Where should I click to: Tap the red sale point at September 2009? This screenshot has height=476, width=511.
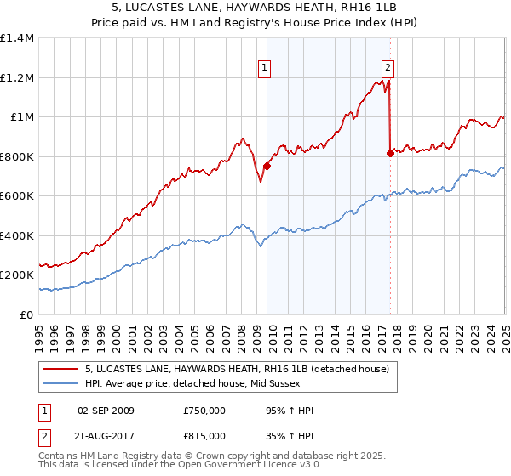tap(267, 167)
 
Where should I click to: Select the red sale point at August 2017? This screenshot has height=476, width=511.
tap(390, 154)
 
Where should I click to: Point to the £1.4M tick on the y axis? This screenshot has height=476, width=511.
tap(17, 38)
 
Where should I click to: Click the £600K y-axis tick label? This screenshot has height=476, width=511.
tap(17, 196)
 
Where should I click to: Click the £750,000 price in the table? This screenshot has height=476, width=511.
tap(204, 411)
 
